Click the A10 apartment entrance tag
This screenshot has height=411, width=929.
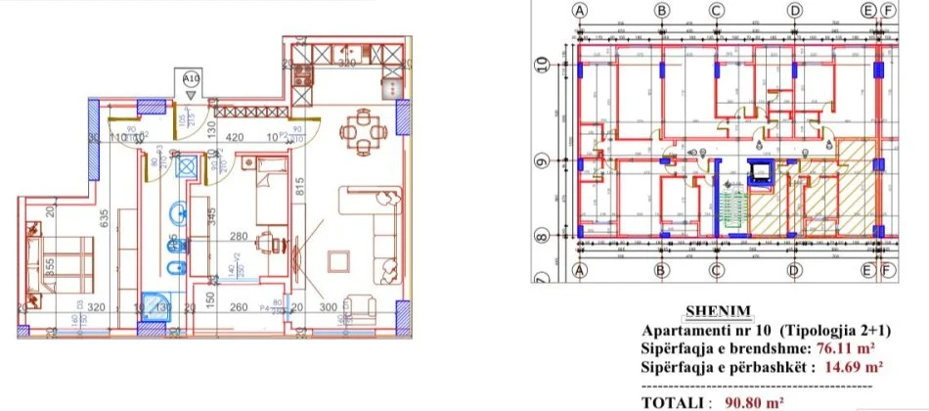click(190, 76)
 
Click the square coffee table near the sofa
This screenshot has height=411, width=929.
click(339, 262)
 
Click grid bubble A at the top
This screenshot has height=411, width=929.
click(581, 10)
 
